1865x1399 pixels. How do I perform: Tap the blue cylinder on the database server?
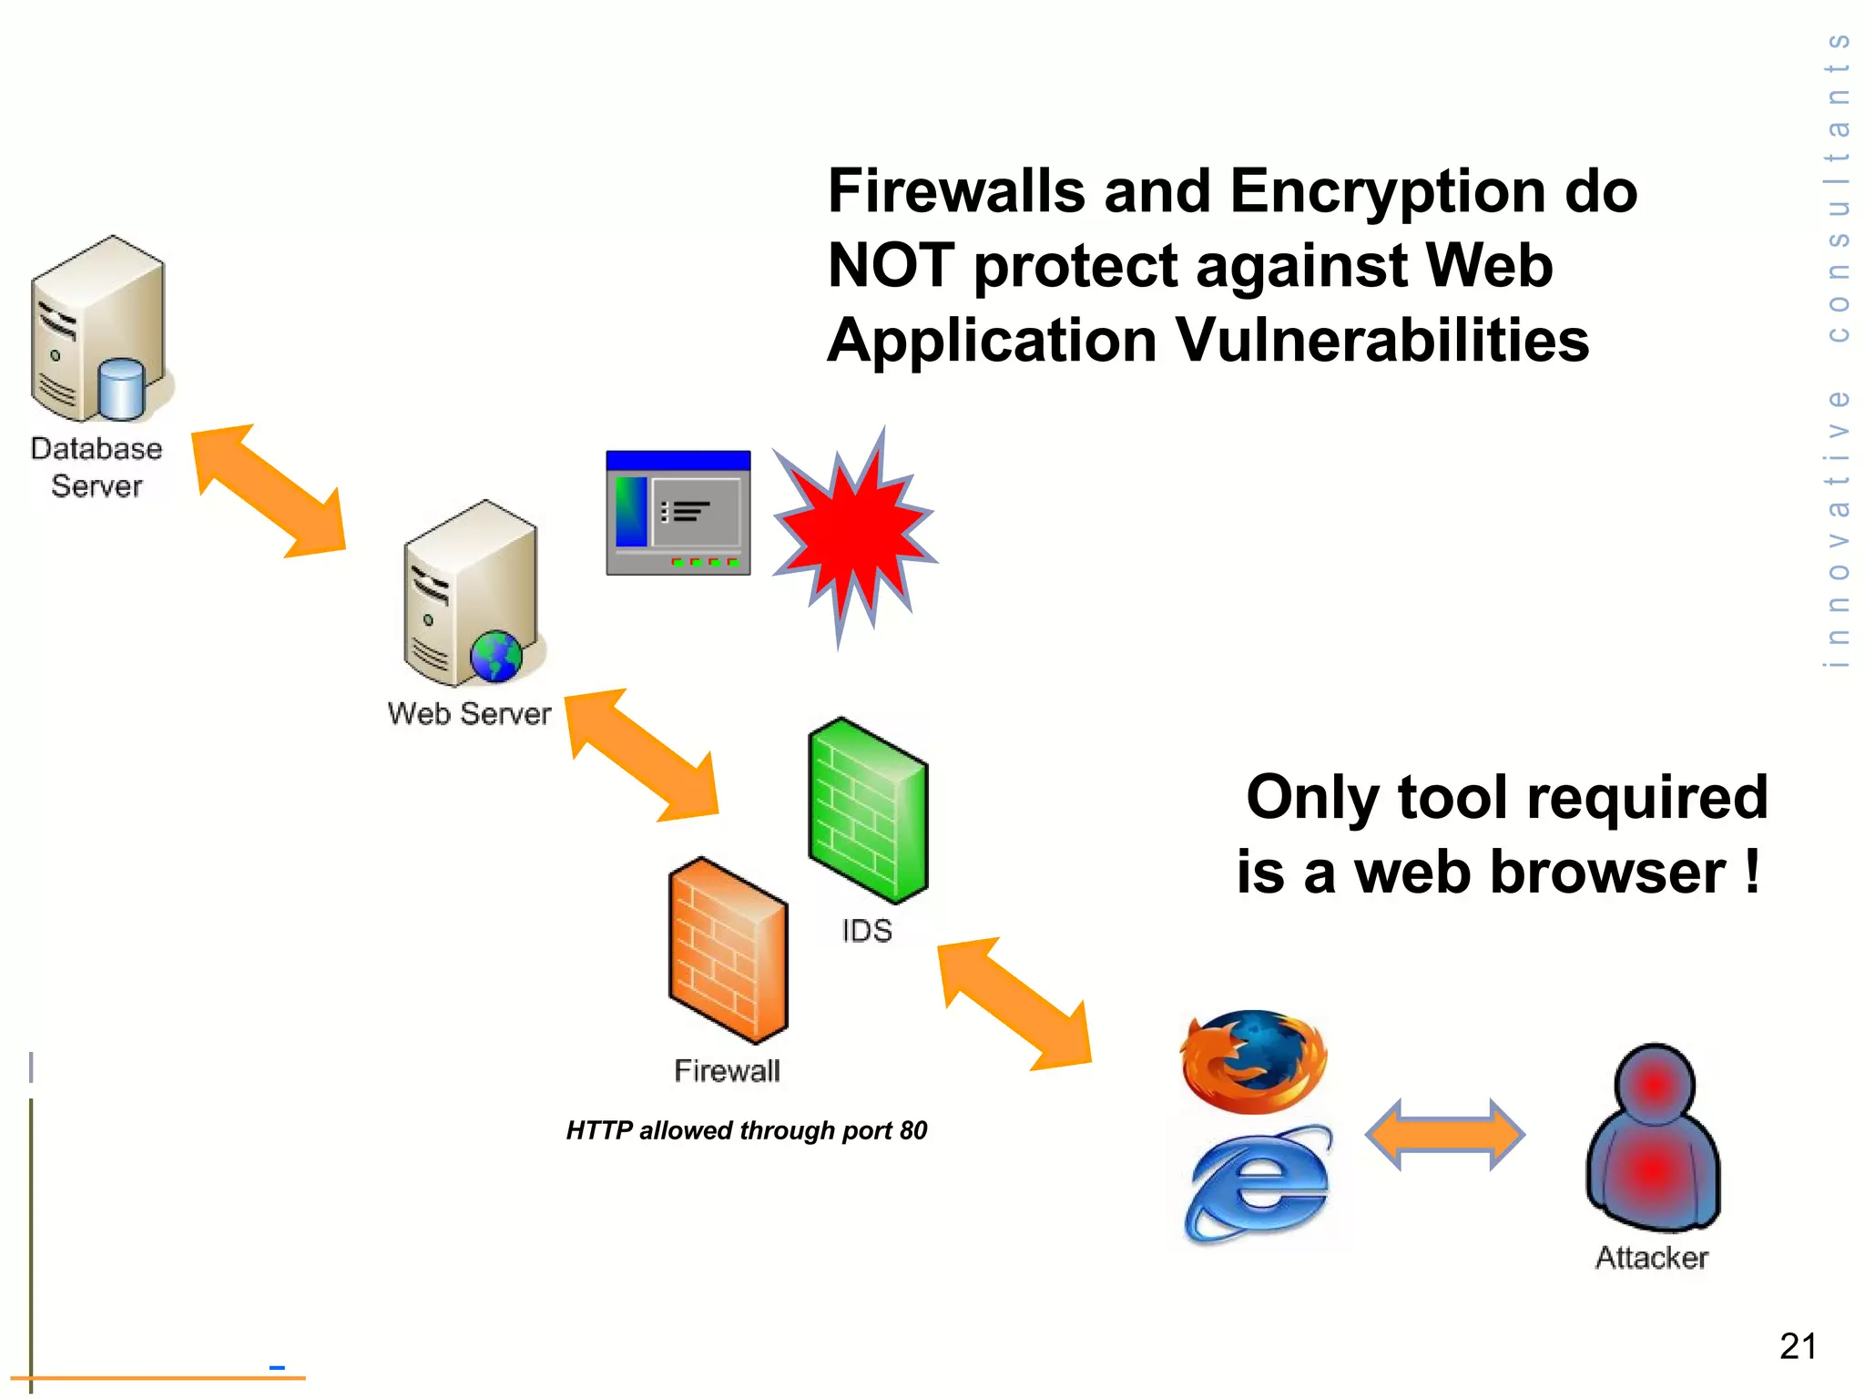coord(122,386)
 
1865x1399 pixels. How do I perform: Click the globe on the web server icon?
coord(496,656)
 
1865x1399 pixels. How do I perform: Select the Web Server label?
coord(469,713)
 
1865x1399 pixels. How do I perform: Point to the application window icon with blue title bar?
coord(678,513)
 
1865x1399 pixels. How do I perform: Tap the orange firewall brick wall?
coord(728,951)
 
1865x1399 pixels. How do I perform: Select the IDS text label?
coord(867,931)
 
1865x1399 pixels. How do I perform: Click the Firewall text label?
coord(727,1071)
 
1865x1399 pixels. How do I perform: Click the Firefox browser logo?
coord(1254,1061)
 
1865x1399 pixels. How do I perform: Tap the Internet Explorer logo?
coord(1258,1185)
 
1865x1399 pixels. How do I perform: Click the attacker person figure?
coord(1653,1139)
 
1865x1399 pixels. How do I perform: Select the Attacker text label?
coord(1652,1258)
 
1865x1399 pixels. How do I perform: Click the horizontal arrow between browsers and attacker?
coord(1444,1135)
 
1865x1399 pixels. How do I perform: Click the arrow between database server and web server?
coord(270,490)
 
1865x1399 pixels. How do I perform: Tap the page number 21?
coord(1798,1346)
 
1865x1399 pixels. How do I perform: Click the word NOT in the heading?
coord(890,266)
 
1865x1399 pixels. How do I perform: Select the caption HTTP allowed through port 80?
coord(746,1130)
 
